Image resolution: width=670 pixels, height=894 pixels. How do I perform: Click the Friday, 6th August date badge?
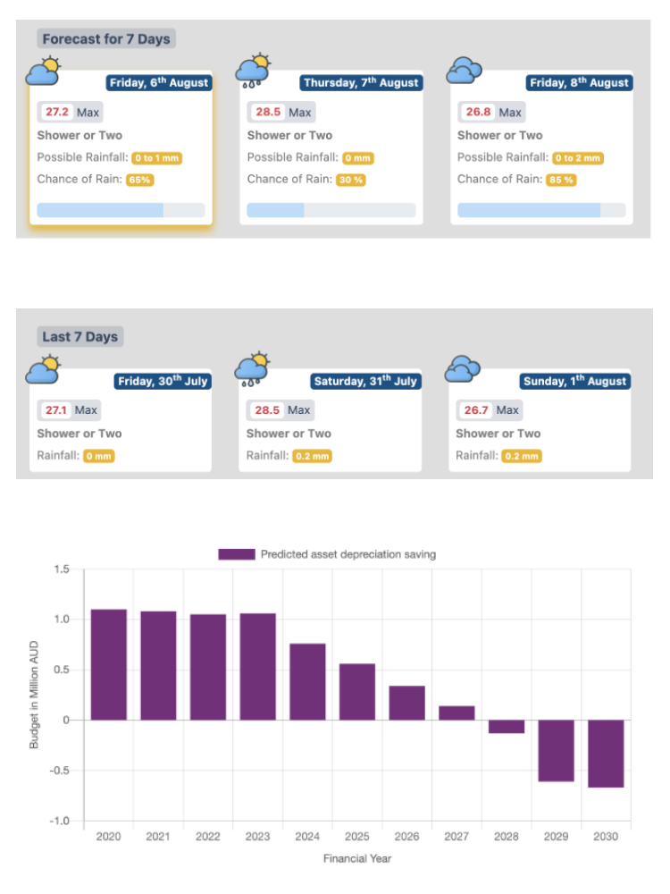coord(159,83)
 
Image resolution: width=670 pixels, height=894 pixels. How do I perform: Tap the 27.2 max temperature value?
coord(57,113)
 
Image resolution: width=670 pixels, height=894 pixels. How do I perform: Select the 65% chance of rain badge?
coord(139,180)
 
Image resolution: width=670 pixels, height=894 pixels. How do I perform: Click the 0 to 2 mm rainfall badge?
coord(578,158)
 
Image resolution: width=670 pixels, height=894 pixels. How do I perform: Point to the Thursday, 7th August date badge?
coord(360,83)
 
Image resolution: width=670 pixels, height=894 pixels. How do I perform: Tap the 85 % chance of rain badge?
coord(562,180)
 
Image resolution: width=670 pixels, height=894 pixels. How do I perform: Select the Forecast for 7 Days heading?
coord(106,39)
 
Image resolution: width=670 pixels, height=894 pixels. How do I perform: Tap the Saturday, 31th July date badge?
coord(365,382)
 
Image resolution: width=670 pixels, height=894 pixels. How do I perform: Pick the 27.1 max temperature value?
coord(55,410)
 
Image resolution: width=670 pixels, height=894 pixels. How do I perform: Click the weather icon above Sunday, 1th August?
coord(464,367)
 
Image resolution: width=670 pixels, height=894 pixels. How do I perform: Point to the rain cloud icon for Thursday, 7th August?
coord(253,71)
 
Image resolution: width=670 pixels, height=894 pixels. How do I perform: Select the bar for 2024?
coord(307,681)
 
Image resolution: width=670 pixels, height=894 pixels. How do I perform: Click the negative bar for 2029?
coord(556,750)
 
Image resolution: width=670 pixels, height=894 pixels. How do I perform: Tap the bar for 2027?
coord(456,713)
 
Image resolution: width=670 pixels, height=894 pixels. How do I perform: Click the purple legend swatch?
coord(237,554)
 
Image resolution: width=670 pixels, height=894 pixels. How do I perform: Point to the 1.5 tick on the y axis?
coord(62,569)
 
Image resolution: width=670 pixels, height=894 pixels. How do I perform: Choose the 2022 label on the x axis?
coord(207,837)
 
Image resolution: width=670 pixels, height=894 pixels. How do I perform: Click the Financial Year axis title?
coord(357,859)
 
